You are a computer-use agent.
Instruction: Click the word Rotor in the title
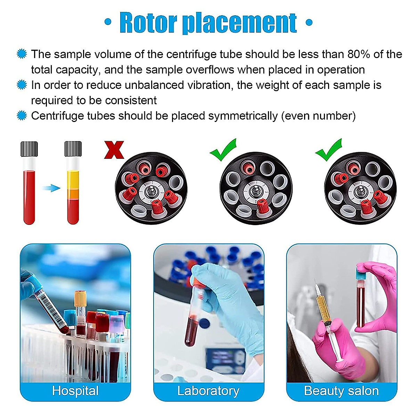click(148, 23)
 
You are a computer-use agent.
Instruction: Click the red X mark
click(114, 150)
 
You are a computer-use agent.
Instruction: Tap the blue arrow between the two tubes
click(51, 188)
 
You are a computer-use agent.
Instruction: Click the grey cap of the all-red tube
click(29, 149)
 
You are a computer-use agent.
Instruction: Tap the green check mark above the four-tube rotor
click(329, 150)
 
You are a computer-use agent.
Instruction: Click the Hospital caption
click(75, 391)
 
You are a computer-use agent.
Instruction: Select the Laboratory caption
click(208, 391)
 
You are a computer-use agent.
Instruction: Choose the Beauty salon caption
click(341, 391)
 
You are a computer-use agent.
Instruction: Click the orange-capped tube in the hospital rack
click(80, 299)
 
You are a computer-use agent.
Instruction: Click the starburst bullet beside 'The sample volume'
click(22, 54)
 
